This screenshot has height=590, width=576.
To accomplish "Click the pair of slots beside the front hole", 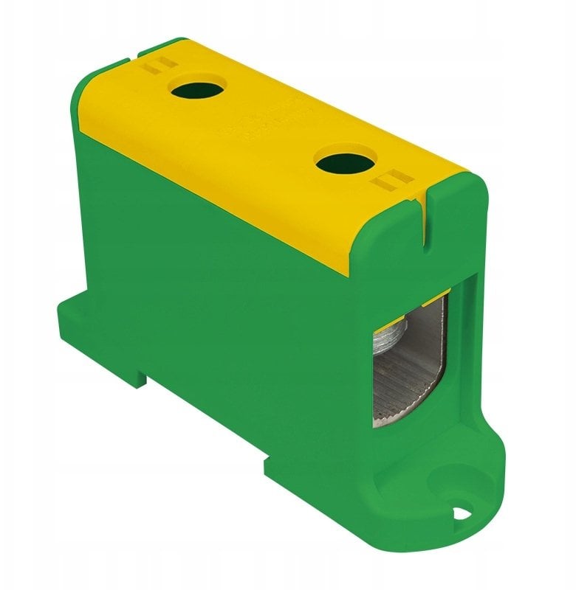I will tap(390, 179).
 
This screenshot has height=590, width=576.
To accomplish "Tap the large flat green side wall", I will tap(222, 295).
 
